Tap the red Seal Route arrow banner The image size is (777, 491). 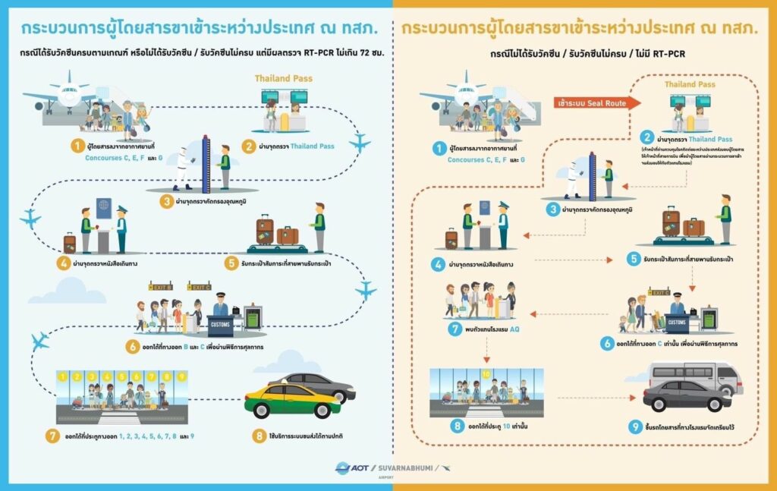pyautogui.click(x=596, y=102)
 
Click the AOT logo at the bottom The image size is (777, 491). pyautogui.click(x=354, y=467)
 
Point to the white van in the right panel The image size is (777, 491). pyautogui.click(x=695, y=375)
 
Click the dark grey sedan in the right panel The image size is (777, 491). pyautogui.click(x=687, y=395)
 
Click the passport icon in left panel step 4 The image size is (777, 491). pyautogui.click(x=104, y=207)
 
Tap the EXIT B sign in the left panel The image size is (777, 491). pyautogui.click(x=160, y=288)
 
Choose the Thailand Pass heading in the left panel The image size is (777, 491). pyautogui.click(x=283, y=78)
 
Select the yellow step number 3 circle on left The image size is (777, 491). pyautogui.click(x=167, y=202)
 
